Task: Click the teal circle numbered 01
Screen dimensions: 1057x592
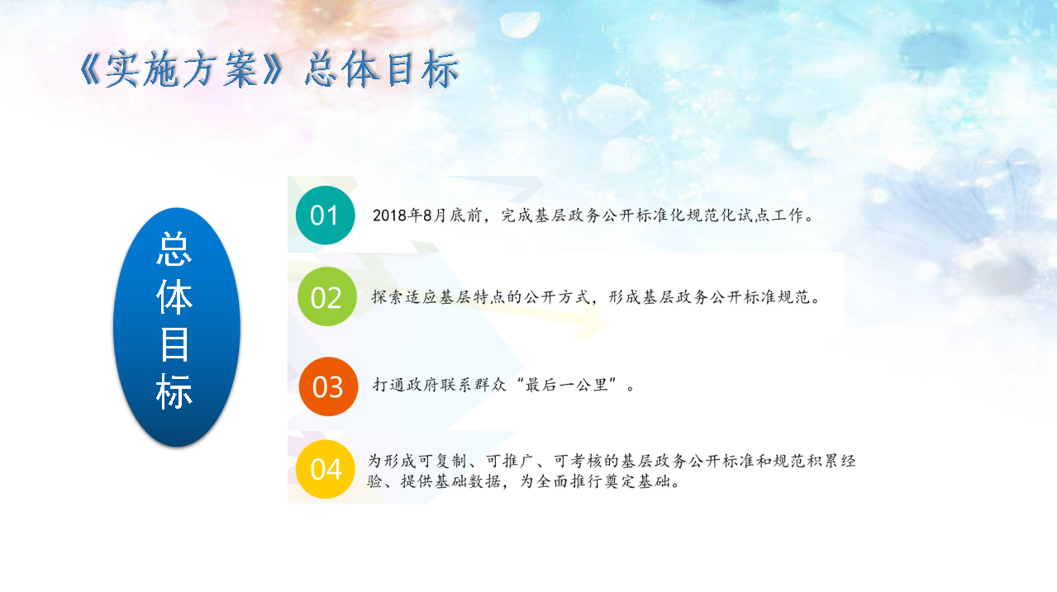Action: coord(325,215)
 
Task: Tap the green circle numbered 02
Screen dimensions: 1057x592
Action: coord(327,296)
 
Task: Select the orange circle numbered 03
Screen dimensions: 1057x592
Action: coord(328,386)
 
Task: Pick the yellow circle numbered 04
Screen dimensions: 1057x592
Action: coord(326,469)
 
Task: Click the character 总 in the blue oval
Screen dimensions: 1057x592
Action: coord(174,250)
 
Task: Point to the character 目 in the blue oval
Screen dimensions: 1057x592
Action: coord(174,344)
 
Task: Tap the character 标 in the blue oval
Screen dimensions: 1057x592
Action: coord(174,391)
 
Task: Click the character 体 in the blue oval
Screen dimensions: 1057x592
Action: coord(174,297)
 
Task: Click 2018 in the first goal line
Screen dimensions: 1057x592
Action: coord(390,215)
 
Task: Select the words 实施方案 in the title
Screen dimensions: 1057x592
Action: coord(181,69)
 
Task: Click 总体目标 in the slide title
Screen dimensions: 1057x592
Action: coord(382,69)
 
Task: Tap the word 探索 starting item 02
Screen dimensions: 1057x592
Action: coord(388,297)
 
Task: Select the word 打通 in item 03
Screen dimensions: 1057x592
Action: coord(389,385)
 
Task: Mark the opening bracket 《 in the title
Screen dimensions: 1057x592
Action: coord(89,69)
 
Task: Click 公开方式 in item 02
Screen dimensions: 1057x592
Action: coord(557,297)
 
